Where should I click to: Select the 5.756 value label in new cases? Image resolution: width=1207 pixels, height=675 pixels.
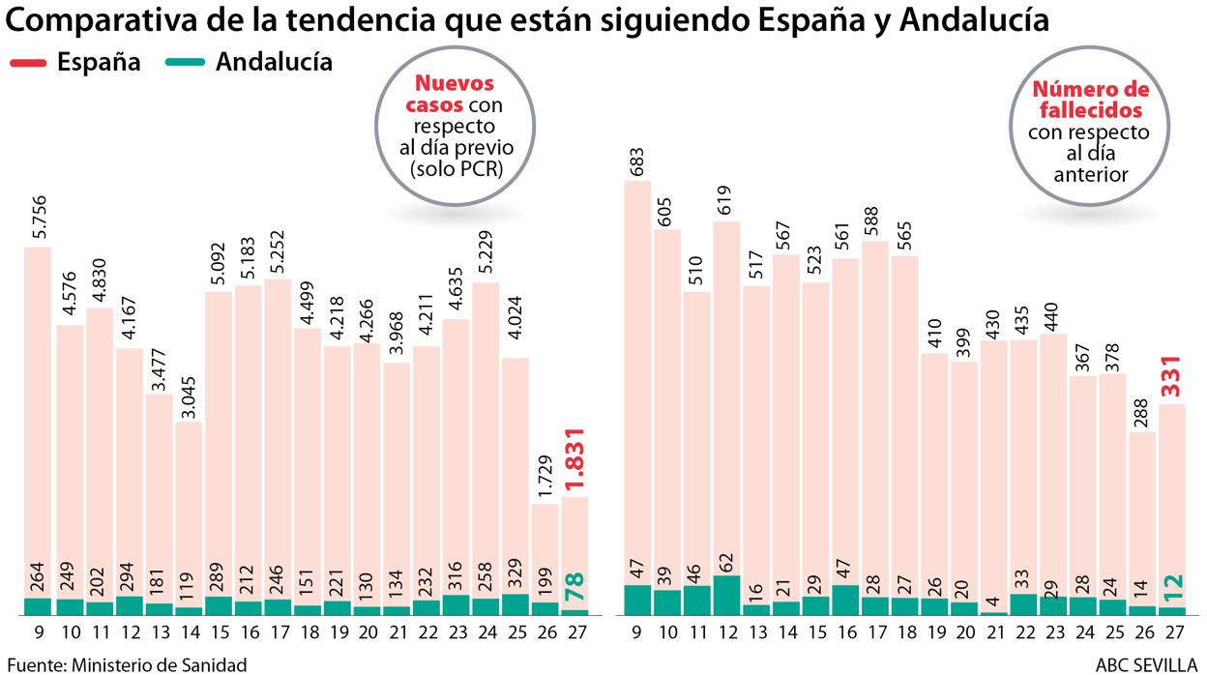coord(38,212)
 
